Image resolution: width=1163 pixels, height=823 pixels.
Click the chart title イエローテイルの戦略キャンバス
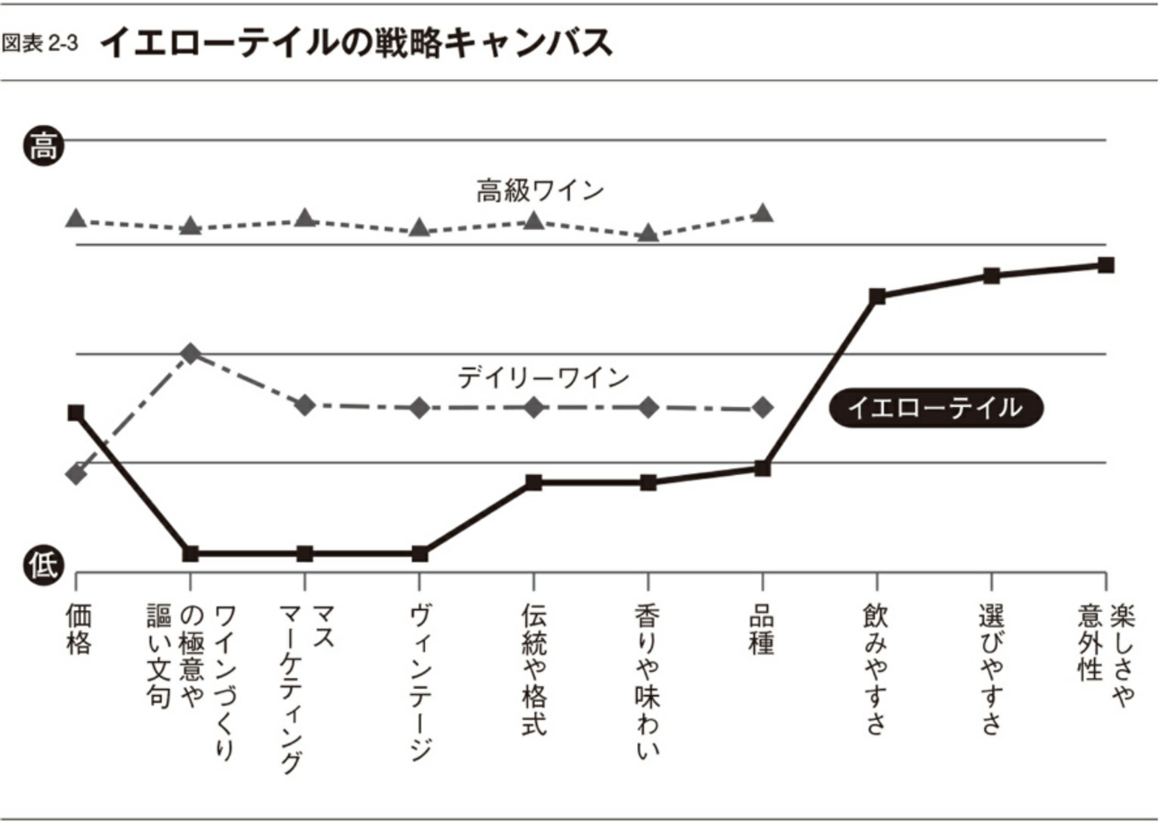pyautogui.click(x=356, y=42)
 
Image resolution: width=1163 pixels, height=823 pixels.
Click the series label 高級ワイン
pyautogui.click(x=539, y=191)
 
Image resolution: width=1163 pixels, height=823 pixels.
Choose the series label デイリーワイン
pyautogui.click(x=543, y=378)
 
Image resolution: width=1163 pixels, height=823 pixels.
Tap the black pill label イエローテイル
pyautogui.click(x=936, y=408)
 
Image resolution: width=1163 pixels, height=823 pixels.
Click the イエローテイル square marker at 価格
pyautogui.click(x=76, y=412)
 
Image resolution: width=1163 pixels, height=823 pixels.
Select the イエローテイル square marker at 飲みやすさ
pyautogui.click(x=877, y=296)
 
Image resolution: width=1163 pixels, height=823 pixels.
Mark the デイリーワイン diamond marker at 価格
pyautogui.click(x=76, y=473)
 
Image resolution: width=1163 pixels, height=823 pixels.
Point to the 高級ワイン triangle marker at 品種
pyautogui.click(x=762, y=213)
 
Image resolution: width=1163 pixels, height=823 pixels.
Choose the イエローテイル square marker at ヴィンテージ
pyautogui.click(x=420, y=554)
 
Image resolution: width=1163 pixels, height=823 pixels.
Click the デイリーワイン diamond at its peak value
pyautogui.click(x=190, y=353)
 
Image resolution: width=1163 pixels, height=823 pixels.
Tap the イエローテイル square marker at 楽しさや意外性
pyautogui.click(x=1106, y=265)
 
